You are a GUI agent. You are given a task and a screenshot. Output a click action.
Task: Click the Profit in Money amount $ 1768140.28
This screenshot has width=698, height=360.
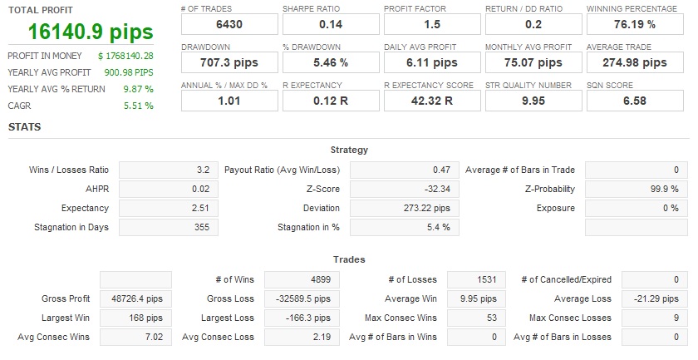(x=125, y=56)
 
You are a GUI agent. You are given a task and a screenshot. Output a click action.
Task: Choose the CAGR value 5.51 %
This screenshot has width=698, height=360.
(x=138, y=106)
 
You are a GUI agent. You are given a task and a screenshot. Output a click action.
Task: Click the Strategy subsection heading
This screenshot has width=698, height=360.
(x=349, y=150)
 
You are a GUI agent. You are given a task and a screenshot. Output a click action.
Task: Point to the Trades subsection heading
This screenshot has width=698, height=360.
(x=349, y=259)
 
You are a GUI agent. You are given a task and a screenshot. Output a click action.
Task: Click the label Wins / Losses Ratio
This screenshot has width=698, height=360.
(x=69, y=170)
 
